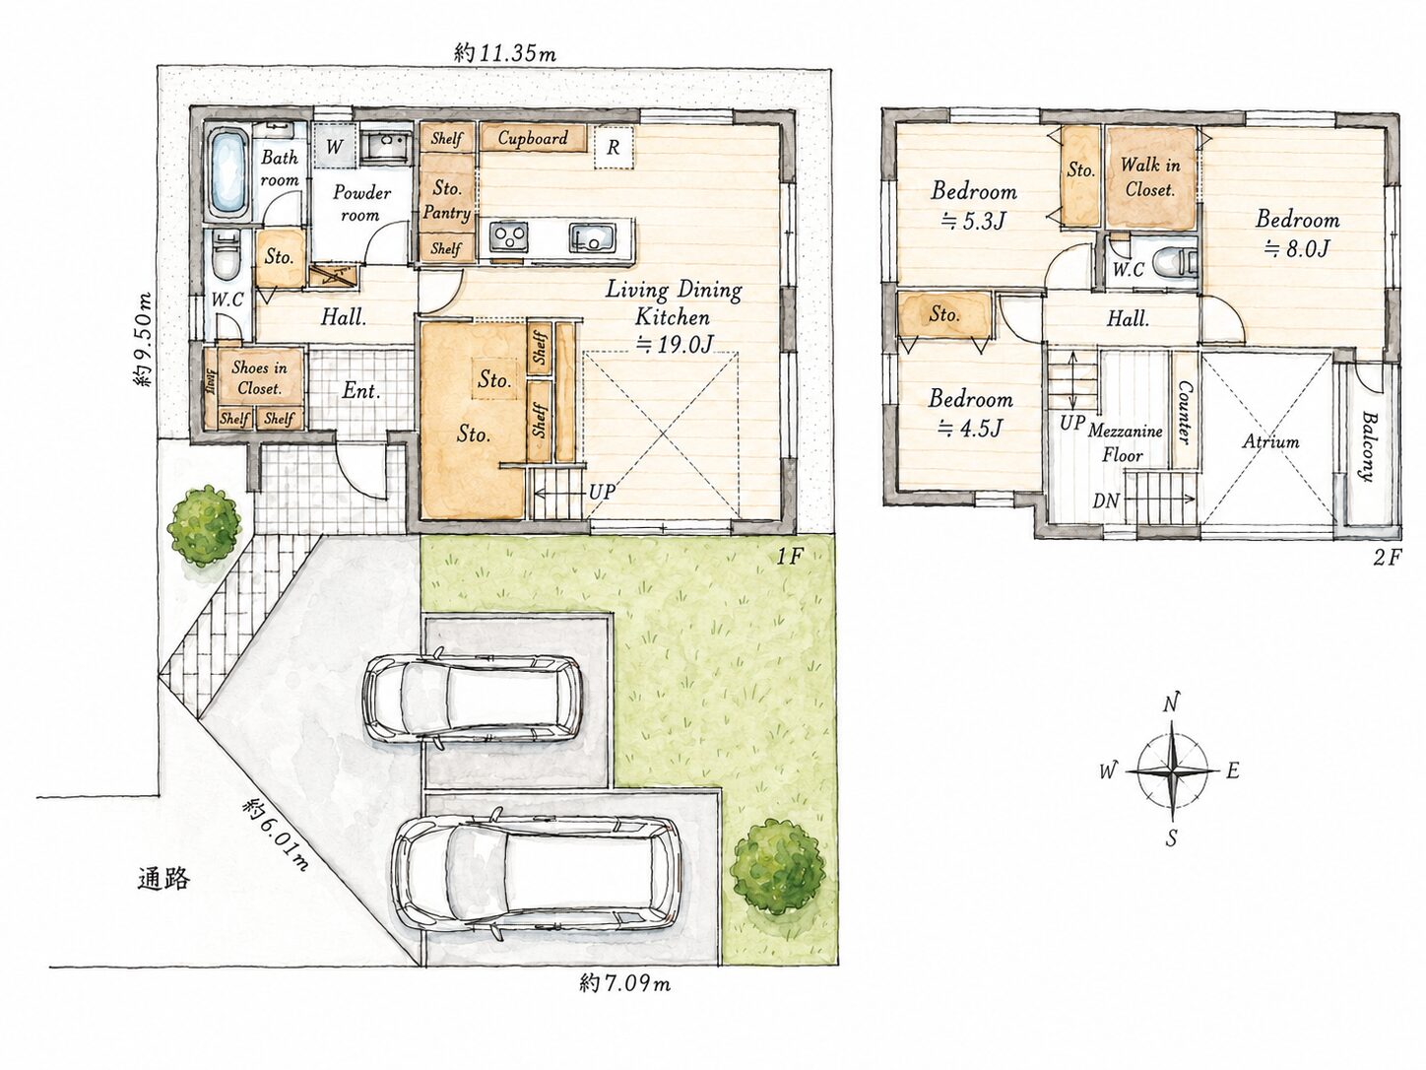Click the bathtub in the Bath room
[x=228, y=174]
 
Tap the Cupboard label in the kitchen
[x=533, y=138]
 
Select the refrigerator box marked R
[x=614, y=148]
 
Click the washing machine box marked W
[x=334, y=146]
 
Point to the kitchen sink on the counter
[x=592, y=237]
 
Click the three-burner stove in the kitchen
[x=509, y=237]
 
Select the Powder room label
[x=361, y=203]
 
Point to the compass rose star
[x=1173, y=771]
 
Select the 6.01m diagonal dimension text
[x=275, y=835]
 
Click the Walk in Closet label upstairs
[x=1150, y=176]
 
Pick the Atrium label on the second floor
[x=1270, y=441]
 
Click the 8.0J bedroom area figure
[x=1297, y=248]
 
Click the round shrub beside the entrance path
[x=204, y=524]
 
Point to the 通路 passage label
[x=163, y=879]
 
